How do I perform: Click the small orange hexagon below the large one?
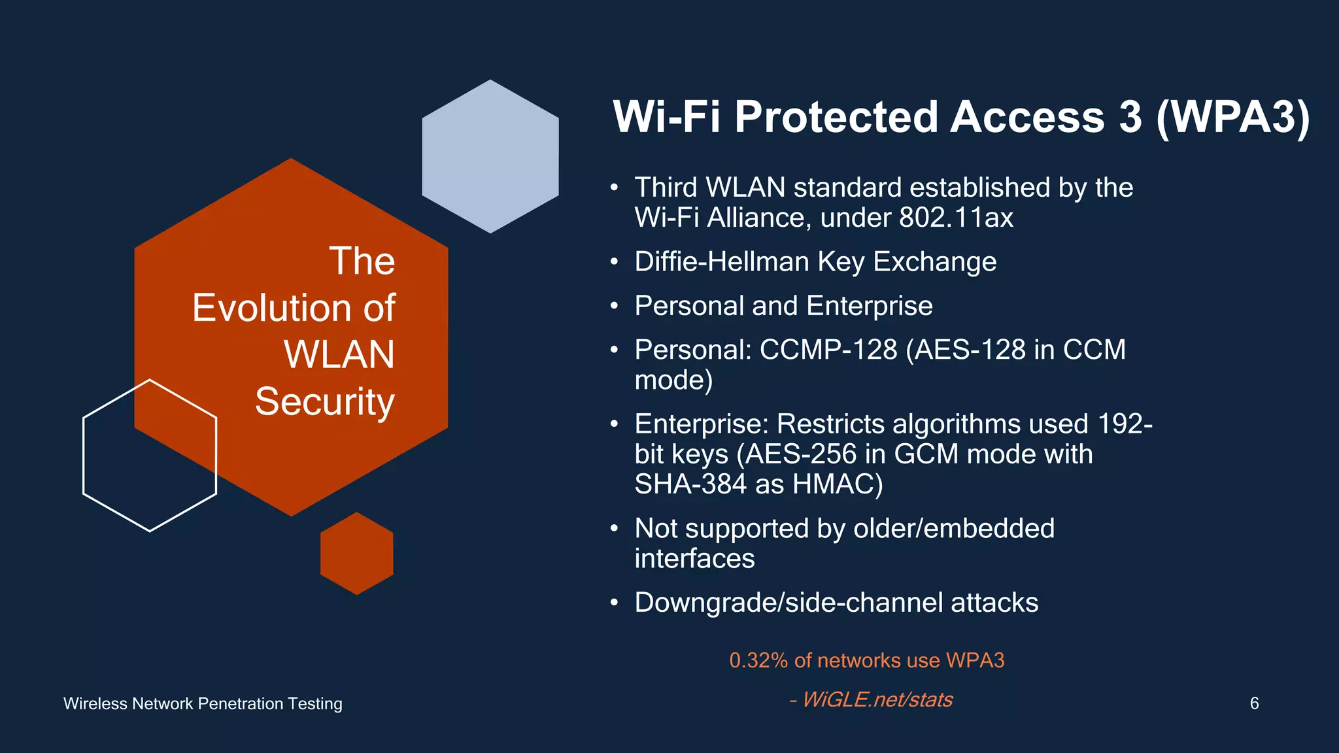(x=356, y=554)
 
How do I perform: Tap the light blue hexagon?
(x=490, y=157)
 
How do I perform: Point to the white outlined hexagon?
(x=149, y=456)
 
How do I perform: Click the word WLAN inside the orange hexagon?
(x=339, y=354)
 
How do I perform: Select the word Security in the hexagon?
(x=325, y=401)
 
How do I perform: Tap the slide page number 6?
(x=1254, y=703)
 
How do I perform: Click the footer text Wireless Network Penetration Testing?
(x=203, y=704)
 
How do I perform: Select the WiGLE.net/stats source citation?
(x=876, y=699)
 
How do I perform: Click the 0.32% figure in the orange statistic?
(x=758, y=660)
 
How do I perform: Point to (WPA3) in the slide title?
(x=1232, y=117)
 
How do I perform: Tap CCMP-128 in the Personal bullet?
(x=828, y=350)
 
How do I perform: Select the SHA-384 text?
(x=690, y=484)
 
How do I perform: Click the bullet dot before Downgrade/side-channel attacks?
(x=614, y=603)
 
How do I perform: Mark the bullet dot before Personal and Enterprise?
(x=614, y=306)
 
